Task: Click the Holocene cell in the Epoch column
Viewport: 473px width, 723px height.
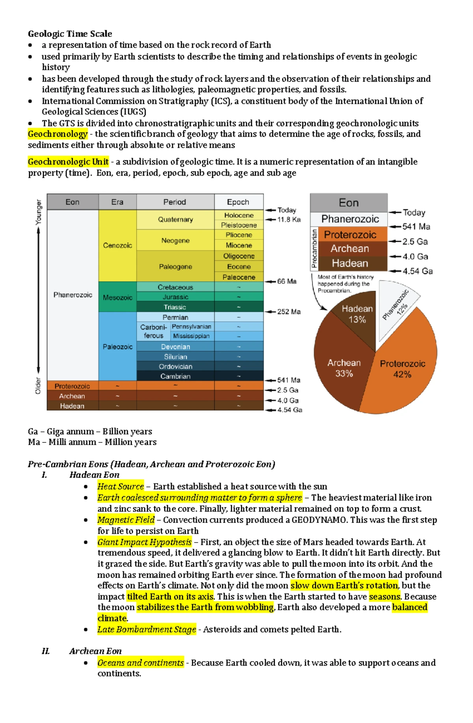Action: coord(238,215)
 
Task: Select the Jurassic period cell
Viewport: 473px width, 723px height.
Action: coord(175,297)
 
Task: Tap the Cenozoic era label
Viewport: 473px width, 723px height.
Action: coord(117,245)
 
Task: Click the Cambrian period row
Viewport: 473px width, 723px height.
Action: coord(175,376)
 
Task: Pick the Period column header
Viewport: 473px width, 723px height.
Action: coord(175,202)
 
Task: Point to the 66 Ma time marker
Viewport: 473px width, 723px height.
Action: coord(287,281)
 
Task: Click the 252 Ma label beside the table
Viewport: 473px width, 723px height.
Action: coord(289,312)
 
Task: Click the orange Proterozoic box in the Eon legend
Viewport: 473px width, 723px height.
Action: coord(350,235)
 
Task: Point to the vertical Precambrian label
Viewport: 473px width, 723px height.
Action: coord(314,249)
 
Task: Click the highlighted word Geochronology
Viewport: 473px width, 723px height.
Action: coord(58,134)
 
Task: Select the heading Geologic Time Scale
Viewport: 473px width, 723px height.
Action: coord(70,33)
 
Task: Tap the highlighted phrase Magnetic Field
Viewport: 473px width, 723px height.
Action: coord(126,520)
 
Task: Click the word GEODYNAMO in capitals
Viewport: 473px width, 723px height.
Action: coord(319,520)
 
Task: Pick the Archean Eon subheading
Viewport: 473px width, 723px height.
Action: coord(95,651)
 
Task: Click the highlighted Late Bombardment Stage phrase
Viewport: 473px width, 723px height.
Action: coord(147,629)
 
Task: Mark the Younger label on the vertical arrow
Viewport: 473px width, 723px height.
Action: coord(39,212)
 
